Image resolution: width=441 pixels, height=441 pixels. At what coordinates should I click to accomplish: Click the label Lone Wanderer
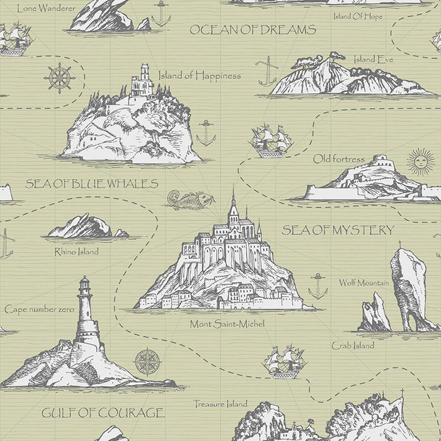point(46,8)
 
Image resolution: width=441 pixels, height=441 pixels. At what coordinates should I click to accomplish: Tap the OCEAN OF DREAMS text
point(252,30)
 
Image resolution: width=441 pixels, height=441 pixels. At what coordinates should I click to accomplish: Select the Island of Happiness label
point(199,76)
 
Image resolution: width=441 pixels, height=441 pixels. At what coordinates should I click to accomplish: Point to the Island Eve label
point(373,59)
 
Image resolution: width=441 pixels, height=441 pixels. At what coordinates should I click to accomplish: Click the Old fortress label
point(338,159)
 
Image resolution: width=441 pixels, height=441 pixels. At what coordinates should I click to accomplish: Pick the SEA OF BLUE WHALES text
point(91,184)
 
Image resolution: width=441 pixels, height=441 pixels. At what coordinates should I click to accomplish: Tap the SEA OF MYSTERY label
point(338,230)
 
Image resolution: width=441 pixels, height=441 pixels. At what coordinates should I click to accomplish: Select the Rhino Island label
point(76,251)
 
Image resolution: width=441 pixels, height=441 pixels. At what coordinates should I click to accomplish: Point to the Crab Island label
point(353,345)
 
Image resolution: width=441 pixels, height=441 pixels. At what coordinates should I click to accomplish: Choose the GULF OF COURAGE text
point(103,413)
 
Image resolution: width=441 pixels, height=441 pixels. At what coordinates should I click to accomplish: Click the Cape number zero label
point(35,309)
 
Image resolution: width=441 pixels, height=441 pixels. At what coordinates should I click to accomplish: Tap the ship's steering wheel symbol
point(59,79)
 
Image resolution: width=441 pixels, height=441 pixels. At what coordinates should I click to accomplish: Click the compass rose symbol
point(147,362)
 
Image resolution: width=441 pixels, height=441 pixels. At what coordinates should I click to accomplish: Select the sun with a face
point(421,162)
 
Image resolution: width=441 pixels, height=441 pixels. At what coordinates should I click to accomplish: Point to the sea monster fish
point(186,200)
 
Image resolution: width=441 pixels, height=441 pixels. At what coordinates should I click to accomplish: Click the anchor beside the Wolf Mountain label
point(318,286)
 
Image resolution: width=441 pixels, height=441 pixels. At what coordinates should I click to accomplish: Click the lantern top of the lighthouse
point(84,287)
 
